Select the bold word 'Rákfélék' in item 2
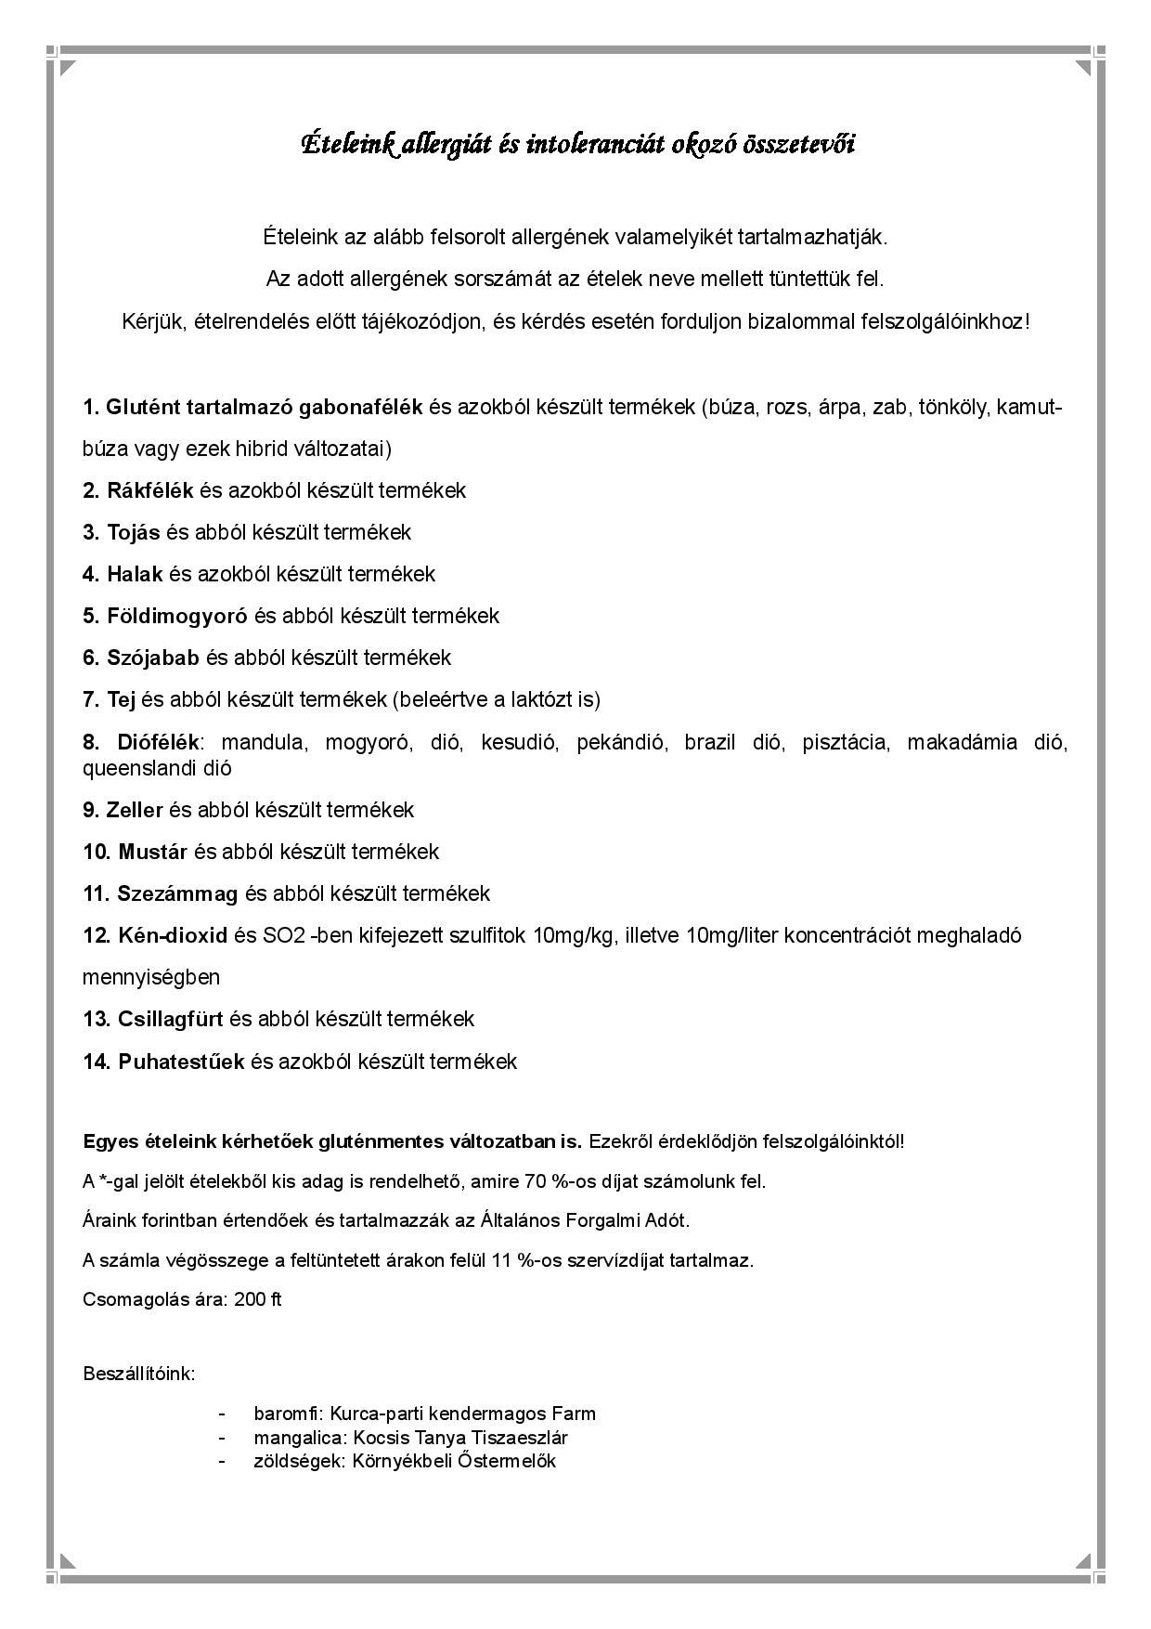coord(150,490)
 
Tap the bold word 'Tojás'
coord(134,532)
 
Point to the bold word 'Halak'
coord(135,574)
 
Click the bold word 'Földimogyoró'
coord(177,616)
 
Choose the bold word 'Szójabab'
coord(153,658)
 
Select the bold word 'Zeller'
coord(135,810)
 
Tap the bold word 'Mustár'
coord(152,852)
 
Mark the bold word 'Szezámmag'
coord(177,893)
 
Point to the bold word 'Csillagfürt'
coord(171,1019)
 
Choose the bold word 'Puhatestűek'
coord(181,1062)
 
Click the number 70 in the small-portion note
coord(536,1182)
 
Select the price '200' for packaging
coord(250,1299)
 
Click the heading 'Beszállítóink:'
coord(139,1374)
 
